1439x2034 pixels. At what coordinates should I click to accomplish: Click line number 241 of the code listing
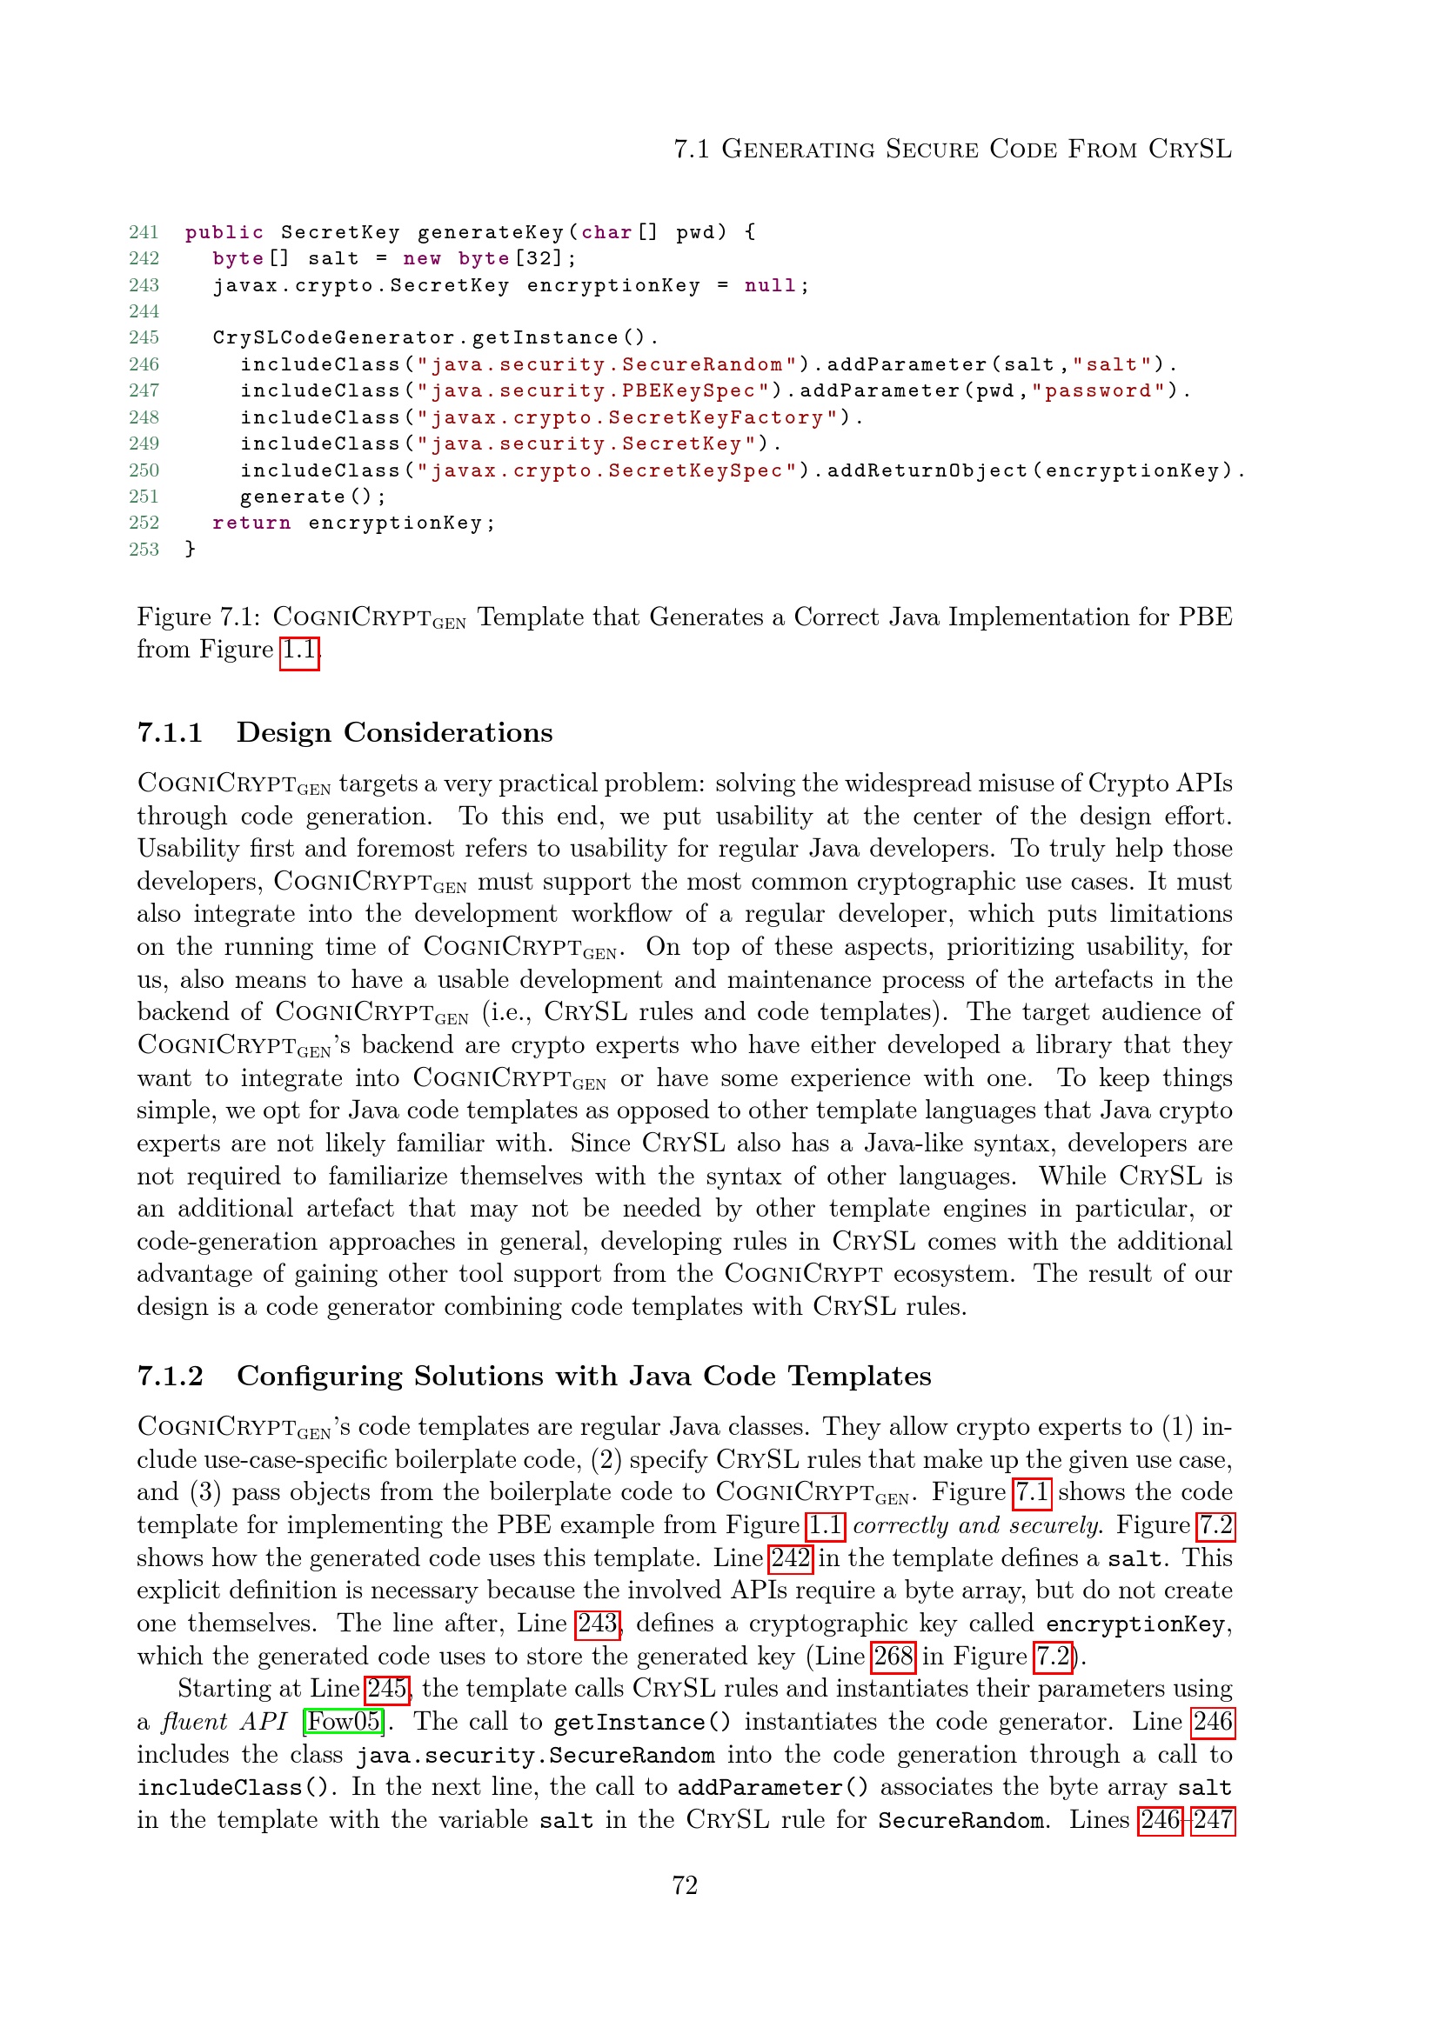[144, 232]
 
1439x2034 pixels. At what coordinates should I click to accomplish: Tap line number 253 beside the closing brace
[144, 550]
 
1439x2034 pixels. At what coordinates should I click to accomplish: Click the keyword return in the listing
[251, 523]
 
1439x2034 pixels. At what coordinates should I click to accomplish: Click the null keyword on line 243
[770, 285]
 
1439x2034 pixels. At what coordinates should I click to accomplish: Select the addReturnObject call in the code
[927, 470]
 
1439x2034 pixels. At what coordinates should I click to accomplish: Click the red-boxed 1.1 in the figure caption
[298, 650]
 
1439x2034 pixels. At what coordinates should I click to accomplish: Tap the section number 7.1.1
[171, 732]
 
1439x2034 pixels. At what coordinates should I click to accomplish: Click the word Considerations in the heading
[447, 732]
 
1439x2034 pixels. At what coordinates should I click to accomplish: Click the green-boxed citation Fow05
[344, 1721]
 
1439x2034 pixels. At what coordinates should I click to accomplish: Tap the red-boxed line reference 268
[894, 1656]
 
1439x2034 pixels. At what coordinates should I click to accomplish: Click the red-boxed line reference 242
[790, 1558]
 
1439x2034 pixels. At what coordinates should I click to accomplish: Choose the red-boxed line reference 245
[387, 1689]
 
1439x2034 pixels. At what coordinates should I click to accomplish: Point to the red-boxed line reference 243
[597, 1623]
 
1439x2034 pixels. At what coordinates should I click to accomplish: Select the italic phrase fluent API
[224, 1721]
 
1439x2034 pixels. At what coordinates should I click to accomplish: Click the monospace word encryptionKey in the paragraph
[1136, 1624]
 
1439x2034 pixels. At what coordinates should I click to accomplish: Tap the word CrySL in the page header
[1190, 149]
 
